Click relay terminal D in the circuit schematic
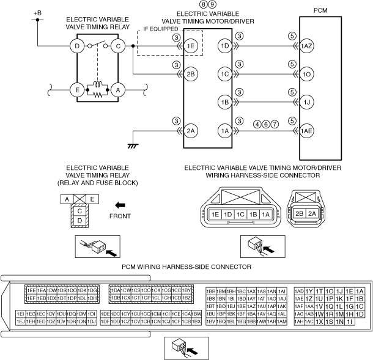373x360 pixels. [x=77, y=46]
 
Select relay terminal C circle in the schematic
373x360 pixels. [x=119, y=46]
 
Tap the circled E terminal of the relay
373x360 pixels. [x=77, y=89]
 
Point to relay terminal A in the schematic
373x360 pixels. [x=119, y=89]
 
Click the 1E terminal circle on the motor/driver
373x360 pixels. [x=192, y=46]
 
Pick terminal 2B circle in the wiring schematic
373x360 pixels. [x=192, y=74]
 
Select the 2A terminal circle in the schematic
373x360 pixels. [x=192, y=130]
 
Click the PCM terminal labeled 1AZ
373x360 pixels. [x=307, y=46]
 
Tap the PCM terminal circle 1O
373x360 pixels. [x=307, y=74]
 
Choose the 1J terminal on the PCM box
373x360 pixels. [x=307, y=101]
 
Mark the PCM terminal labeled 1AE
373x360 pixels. [x=307, y=130]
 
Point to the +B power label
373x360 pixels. [x=38, y=13]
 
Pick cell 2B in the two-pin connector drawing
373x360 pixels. [x=300, y=214]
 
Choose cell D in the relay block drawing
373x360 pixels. [x=79, y=219]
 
